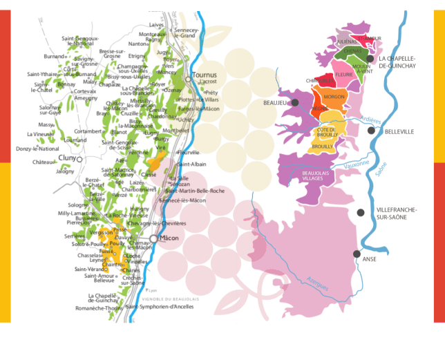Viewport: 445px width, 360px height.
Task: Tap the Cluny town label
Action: tap(66, 158)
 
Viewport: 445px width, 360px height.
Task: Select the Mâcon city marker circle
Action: tap(154, 238)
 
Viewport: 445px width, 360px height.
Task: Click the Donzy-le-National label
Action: tap(38, 149)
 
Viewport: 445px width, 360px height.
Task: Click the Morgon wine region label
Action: tap(334, 97)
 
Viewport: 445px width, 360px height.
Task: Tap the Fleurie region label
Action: tap(343, 74)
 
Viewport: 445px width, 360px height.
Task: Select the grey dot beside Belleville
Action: tap(372, 130)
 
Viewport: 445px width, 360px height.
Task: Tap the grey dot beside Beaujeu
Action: tap(295, 102)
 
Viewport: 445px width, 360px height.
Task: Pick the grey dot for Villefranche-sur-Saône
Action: tap(361, 212)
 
